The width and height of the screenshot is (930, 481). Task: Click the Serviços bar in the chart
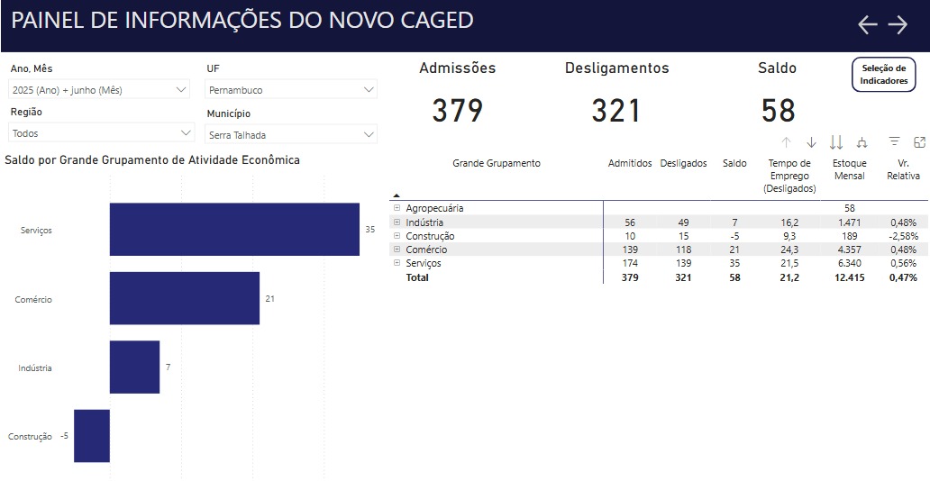coord(234,230)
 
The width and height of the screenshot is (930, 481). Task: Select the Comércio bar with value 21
coord(185,298)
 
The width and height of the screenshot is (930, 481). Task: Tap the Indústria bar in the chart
coord(134,368)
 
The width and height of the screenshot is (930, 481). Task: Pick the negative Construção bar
coord(92,436)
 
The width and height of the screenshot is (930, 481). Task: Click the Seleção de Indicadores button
coord(883,75)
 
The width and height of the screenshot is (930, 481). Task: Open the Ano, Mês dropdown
coord(99,90)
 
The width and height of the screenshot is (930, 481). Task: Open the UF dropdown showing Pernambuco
coord(291,90)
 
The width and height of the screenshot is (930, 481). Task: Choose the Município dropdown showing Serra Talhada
coord(291,135)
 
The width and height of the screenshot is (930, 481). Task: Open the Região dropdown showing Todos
coord(101,133)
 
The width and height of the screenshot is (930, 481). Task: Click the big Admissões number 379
coord(458,111)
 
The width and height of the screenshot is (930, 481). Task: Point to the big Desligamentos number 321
coord(616,111)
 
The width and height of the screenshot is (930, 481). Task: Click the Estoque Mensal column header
coord(849,169)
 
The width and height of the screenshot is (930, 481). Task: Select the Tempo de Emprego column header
coord(789,176)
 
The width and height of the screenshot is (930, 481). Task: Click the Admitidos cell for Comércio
coord(630,250)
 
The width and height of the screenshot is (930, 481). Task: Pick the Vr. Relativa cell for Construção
coord(902,236)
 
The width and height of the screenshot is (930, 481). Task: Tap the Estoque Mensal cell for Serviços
coord(849,263)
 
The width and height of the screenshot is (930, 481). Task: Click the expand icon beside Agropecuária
coord(397,208)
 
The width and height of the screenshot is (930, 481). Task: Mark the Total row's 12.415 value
coord(849,277)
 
